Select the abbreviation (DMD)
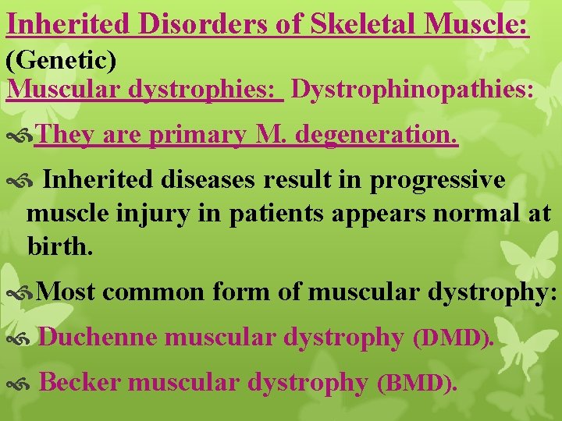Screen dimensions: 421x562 (453, 338)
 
